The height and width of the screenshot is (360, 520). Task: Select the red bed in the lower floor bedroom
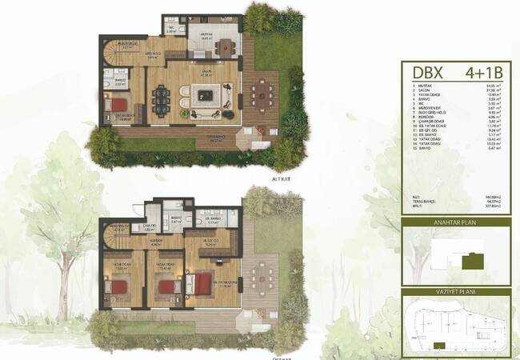coord(118,104)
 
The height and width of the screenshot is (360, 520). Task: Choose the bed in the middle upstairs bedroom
coord(167,286)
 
